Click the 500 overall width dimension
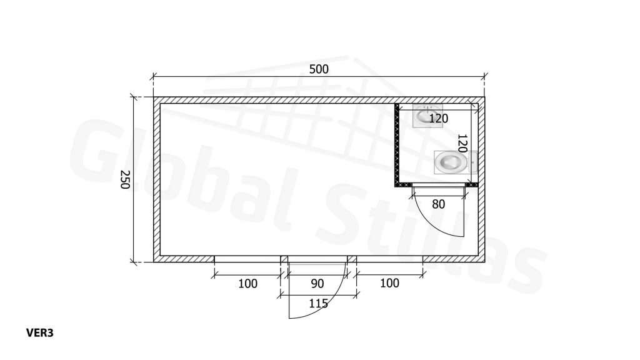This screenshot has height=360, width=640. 319,69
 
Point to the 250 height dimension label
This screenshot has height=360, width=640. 125,179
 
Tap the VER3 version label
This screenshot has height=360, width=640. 40,333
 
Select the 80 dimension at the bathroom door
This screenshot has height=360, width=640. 438,204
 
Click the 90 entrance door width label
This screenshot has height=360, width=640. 317,283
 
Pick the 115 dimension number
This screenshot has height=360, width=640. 318,303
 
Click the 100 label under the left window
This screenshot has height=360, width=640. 247,283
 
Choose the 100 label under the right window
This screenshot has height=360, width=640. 389,283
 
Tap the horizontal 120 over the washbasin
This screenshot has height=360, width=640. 438,118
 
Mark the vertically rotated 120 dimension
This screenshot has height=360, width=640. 462,143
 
